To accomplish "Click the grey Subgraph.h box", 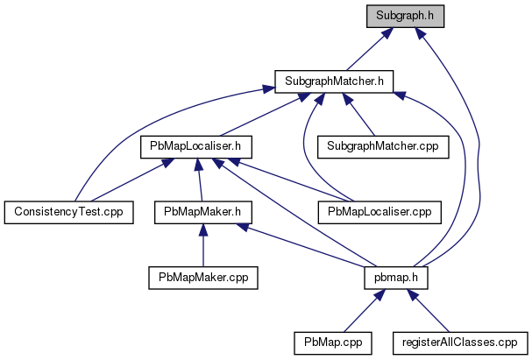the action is [405, 16].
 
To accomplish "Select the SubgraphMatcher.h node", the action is [334, 81].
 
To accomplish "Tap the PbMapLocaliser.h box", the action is [196, 147].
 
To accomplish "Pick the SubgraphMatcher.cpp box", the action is [383, 147].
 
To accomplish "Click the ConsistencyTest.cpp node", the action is [69, 212].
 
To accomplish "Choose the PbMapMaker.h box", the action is [202, 212].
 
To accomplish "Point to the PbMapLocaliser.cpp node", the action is [379, 212].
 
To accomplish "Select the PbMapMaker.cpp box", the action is [203, 278].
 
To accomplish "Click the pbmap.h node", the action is [396, 278].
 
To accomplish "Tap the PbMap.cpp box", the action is [333, 343].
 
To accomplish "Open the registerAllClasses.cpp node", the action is [460, 343].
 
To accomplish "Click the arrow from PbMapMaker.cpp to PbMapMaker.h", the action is [203, 245].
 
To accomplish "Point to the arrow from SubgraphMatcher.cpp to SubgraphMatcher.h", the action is [358, 114].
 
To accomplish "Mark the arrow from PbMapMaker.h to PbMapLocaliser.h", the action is [200, 180].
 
